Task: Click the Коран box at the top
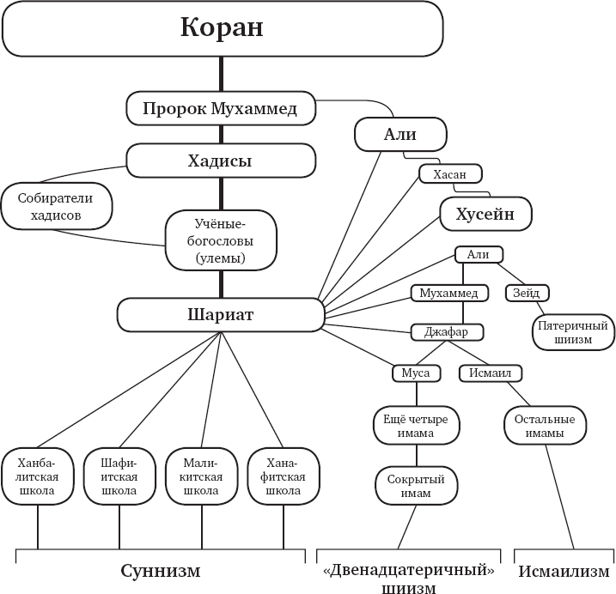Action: pos(222,28)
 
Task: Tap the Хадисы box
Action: pos(220,161)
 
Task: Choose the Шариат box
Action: pos(220,315)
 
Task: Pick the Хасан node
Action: pos(448,174)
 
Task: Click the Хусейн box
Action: pos(485,215)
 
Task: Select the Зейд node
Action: pos(526,293)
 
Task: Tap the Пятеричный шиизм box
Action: pos(573,332)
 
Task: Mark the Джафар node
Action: pos(448,332)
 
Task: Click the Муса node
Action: pos(416,373)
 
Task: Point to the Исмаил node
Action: pos(491,373)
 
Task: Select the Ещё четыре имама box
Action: pos(416,426)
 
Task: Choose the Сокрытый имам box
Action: pos(416,486)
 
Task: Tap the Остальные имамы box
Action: pos(545,426)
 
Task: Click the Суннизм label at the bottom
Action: pos(160,571)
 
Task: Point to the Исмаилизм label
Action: pos(564,571)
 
